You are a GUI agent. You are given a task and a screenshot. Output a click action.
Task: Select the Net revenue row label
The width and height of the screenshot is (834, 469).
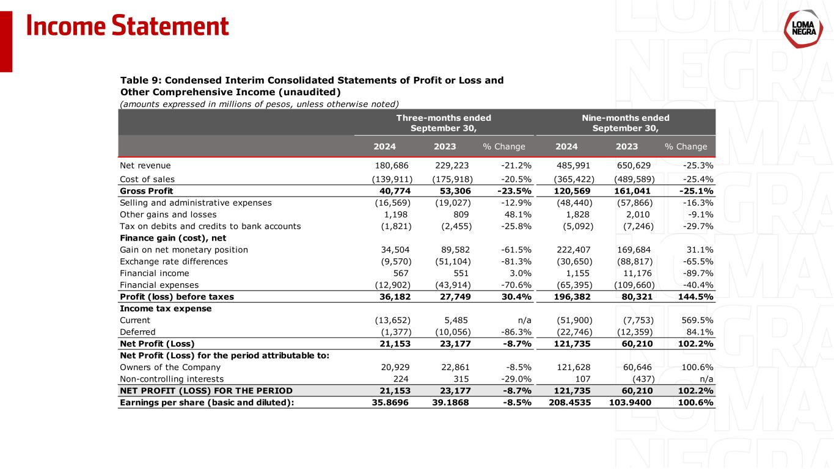pyautogui.click(x=145, y=165)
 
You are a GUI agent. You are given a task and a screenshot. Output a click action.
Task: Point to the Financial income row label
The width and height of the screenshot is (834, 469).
pyautogui.click(x=155, y=273)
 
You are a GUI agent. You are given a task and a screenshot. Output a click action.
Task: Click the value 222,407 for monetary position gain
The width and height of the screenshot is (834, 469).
pyautogui.click(x=575, y=249)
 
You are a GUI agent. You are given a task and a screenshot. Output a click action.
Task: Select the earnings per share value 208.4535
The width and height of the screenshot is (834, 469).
pyautogui.click(x=566, y=402)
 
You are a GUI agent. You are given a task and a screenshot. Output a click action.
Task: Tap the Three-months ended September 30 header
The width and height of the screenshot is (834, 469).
pyautogui.click(x=444, y=123)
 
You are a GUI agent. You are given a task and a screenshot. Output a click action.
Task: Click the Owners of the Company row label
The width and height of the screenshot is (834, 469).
pyautogui.click(x=170, y=368)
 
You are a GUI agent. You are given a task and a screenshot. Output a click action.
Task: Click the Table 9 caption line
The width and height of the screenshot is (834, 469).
pyautogui.click(x=312, y=80)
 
